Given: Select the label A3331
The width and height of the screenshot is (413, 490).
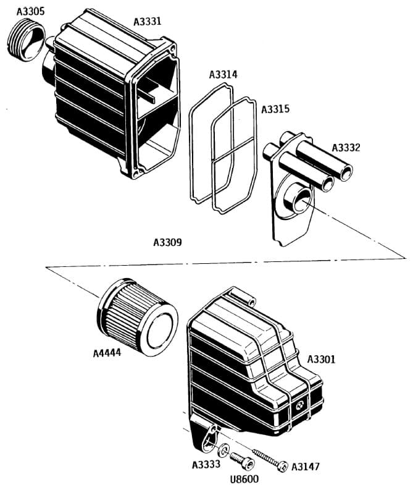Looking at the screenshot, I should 148,22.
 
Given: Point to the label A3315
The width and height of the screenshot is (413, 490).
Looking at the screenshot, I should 275,109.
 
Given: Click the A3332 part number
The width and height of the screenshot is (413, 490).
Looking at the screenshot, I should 346,148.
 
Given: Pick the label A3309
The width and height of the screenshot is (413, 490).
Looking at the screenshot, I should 167,243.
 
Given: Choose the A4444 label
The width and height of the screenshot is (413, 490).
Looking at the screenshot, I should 107,354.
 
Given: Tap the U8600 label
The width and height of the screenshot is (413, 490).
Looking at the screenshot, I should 244,479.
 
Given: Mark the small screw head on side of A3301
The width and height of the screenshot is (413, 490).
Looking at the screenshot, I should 299,406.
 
